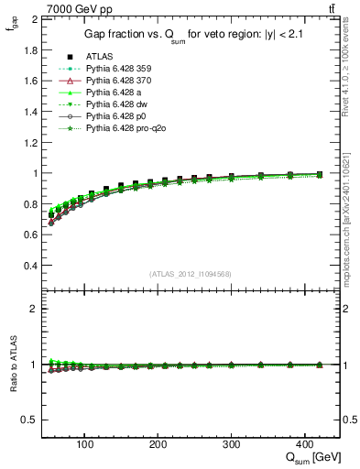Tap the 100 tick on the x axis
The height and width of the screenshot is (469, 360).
coord(85,442)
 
